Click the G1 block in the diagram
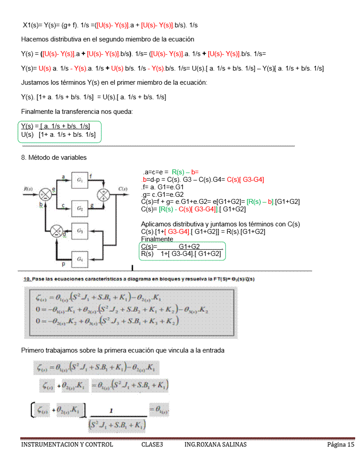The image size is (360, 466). pyautogui.click(x=80, y=180)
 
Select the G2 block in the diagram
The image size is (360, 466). pyautogui.click(x=80, y=208)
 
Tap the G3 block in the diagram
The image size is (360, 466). pyautogui.click(x=80, y=231)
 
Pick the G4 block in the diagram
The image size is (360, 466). pyautogui.click(x=80, y=259)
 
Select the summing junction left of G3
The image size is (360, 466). pyautogui.click(x=56, y=231)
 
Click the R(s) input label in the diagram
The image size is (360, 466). pyautogui.click(x=28, y=189)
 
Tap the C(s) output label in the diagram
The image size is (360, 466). pyautogui.click(x=123, y=189)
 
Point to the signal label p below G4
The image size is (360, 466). pyautogui.click(x=64, y=264)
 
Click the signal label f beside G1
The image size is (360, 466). pyautogui.click(x=90, y=176)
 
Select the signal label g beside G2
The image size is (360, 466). pyautogui.click(x=91, y=205)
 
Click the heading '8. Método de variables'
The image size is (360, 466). pyautogui.click(x=54, y=158)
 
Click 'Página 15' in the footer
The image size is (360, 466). pyautogui.click(x=341, y=444)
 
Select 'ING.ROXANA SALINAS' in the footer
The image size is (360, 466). pyautogui.click(x=215, y=444)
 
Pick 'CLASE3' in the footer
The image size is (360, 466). pyautogui.click(x=152, y=444)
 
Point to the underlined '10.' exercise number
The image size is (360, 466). pyautogui.click(x=27, y=279)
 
